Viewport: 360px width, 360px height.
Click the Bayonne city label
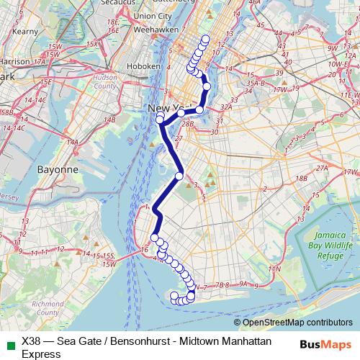pyautogui.click(x=57, y=170)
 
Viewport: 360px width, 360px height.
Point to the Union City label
pyautogui.click(x=153, y=15)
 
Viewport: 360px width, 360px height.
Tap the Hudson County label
pyautogui.click(x=105, y=81)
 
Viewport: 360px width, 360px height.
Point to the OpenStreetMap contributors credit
pyautogui.click(x=297, y=323)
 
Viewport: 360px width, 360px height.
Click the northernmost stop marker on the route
pyautogui.click(x=206, y=39)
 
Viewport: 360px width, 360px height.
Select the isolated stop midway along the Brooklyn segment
pyautogui.click(x=180, y=176)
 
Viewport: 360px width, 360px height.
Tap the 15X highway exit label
pyautogui.click(x=91, y=44)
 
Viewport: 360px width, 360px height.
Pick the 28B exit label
pyautogui.click(x=188, y=124)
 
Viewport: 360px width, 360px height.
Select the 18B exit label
pyautogui.click(x=301, y=177)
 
